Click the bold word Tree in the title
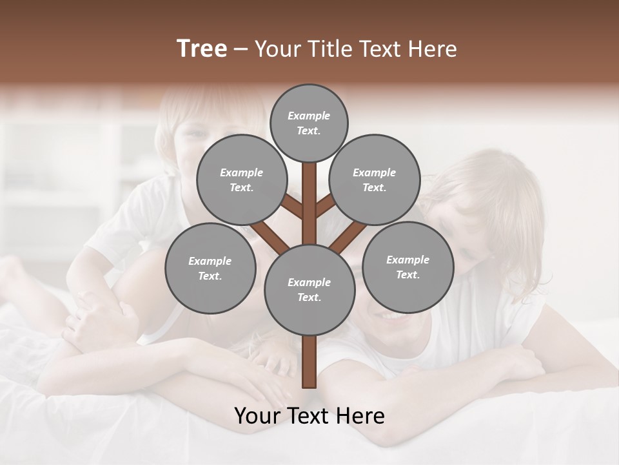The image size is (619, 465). [x=202, y=49]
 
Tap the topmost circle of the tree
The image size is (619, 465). [x=309, y=123]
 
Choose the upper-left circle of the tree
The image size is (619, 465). [x=241, y=180]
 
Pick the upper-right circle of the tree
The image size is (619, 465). [x=374, y=180]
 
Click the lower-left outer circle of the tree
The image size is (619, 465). [x=210, y=268]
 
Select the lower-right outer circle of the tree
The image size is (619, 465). [x=408, y=267]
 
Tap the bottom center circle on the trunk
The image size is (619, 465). [x=309, y=289]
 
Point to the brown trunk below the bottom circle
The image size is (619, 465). [x=309, y=362]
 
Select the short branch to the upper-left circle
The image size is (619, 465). [x=291, y=206]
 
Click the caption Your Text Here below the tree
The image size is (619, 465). [x=309, y=416]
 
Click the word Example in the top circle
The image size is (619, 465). [x=309, y=116]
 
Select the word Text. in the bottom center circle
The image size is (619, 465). [x=309, y=297]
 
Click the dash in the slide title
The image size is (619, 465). [x=241, y=50]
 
